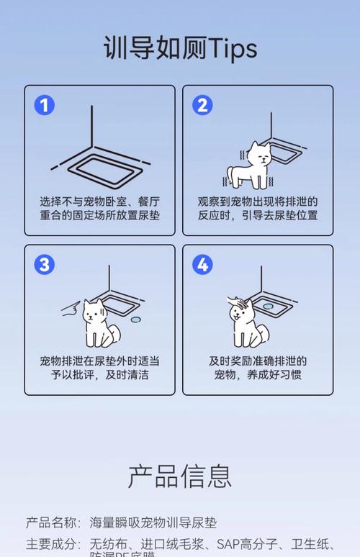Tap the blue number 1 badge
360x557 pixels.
point(45,106)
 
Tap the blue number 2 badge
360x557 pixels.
point(202,106)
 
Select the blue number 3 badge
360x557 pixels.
point(45,265)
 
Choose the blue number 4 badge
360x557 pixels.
point(202,265)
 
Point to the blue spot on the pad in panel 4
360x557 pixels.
point(269,306)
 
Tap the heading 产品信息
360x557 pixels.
point(180,476)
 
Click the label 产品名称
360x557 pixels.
point(53,523)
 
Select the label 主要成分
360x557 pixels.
point(53,543)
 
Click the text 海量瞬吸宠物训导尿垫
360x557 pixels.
point(153,523)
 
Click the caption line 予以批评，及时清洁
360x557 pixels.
point(99,375)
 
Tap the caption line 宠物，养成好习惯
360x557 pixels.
point(258,375)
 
